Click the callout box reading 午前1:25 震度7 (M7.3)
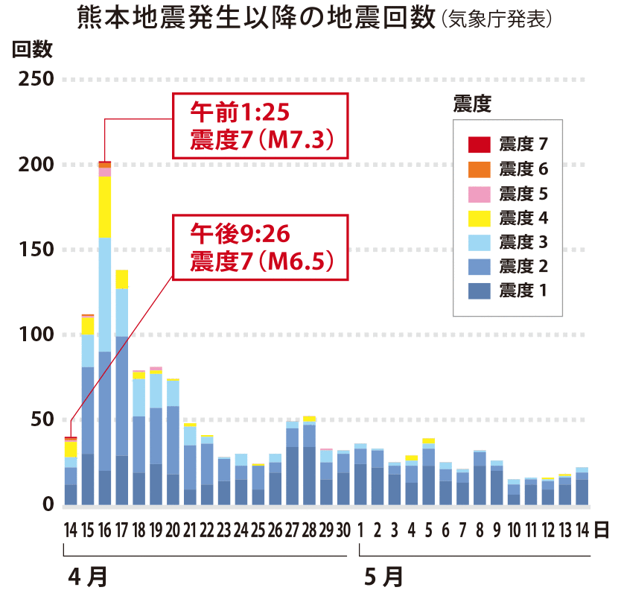coord(260,125)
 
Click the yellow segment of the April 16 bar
coord(105,207)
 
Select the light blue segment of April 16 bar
coord(105,294)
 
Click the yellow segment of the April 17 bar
coord(121,279)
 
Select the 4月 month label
coord(87,576)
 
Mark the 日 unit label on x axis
coord(602,530)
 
